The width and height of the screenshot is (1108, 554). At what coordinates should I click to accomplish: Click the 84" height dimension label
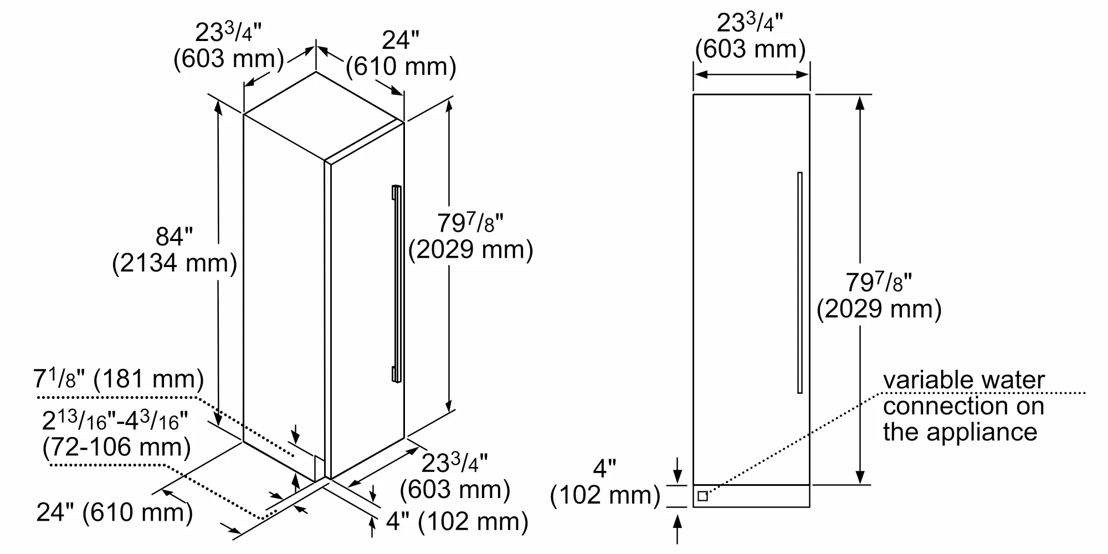coord(174,237)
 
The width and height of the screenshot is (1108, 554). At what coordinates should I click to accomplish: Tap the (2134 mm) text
coord(174,263)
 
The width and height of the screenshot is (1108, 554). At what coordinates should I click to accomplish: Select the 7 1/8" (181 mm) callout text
coord(119,379)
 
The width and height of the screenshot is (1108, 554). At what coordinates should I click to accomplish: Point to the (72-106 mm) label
coord(116,447)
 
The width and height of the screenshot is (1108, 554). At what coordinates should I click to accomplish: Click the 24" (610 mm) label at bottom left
coord(115,512)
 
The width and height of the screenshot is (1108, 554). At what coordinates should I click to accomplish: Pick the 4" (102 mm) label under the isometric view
coord(456,522)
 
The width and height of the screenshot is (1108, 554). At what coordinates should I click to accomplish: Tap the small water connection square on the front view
coord(702,496)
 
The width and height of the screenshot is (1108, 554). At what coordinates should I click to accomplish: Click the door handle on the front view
coord(799,283)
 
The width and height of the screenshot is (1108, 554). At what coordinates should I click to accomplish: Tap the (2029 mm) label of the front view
coord(879,309)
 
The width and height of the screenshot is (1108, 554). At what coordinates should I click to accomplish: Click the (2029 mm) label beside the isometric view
coord(470,250)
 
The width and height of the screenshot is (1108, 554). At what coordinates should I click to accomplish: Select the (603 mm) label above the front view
coord(750,49)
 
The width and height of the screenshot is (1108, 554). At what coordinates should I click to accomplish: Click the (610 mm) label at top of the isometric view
coord(401,67)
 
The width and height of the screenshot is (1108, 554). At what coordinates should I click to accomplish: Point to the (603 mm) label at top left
coord(228,59)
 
